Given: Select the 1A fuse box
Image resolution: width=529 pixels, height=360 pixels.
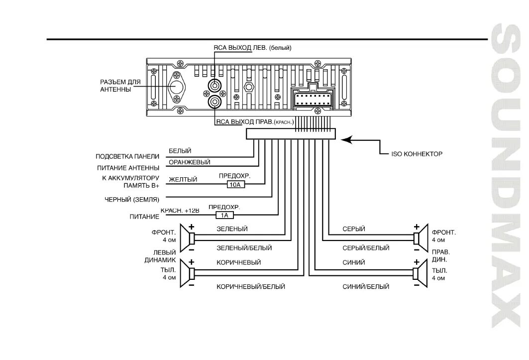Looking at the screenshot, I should click(224, 215).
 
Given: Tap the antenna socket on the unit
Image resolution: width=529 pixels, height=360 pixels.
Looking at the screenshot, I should click(176, 86).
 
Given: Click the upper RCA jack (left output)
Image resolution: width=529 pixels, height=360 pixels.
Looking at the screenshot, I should click(214, 86).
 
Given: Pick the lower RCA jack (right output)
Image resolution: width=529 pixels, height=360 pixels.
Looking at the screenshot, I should click(214, 103).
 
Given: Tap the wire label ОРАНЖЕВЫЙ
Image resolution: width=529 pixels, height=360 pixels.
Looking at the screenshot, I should click(189, 162).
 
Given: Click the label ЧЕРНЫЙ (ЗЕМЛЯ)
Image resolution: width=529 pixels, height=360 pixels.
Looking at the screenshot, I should click(132, 199).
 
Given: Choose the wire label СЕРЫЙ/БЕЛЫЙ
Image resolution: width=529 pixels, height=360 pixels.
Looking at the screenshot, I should click(366, 247).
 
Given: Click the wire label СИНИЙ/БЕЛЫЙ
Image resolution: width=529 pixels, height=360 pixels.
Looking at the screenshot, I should click(366, 287).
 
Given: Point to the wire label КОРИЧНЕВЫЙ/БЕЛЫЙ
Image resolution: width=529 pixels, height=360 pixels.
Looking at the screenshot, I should click(250, 287).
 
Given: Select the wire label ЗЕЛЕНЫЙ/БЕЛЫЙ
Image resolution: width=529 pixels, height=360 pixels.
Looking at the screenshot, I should click(244, 247).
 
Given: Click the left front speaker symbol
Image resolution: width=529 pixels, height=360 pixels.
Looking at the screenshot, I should click(189, 238).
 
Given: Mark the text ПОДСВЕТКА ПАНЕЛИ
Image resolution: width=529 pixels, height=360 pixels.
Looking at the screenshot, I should click(127, 156).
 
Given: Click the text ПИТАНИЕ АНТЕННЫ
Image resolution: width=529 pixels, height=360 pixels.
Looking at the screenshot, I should click(127, 168).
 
